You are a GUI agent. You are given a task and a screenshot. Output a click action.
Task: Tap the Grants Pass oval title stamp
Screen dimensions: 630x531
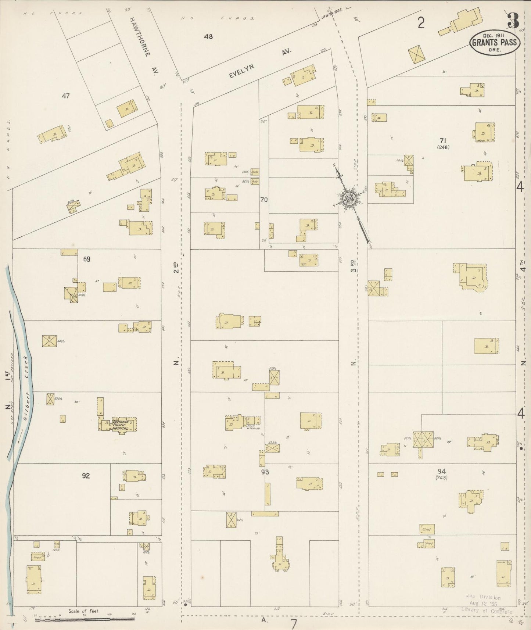pyautogui.click(x=494, y=42)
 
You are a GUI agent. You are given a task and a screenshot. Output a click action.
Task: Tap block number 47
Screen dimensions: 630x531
pyautogui.click(x=66, y=96)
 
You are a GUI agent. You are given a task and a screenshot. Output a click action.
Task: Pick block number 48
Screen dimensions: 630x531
pyautogui.click(x=208, y=37)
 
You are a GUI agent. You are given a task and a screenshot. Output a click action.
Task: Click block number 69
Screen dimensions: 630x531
pyautogui.click(x=86, y=259)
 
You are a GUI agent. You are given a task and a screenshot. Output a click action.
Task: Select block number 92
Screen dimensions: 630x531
pyautogui.click(x=86, y=476)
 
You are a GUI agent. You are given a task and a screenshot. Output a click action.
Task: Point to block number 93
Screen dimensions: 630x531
pyautogui.click(x=265, y=472)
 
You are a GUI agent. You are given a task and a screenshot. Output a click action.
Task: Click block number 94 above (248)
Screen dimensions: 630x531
pyautogui.click(x=441, y=471)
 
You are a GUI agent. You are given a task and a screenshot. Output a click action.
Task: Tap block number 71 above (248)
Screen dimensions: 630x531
pyautogui.click(x=443, y=140)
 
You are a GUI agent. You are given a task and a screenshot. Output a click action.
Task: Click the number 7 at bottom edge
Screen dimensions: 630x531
pyautogui.click(x=294, y=624)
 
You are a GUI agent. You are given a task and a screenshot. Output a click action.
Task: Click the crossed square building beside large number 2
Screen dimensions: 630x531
pyautogui.click(x=416, y=54)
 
